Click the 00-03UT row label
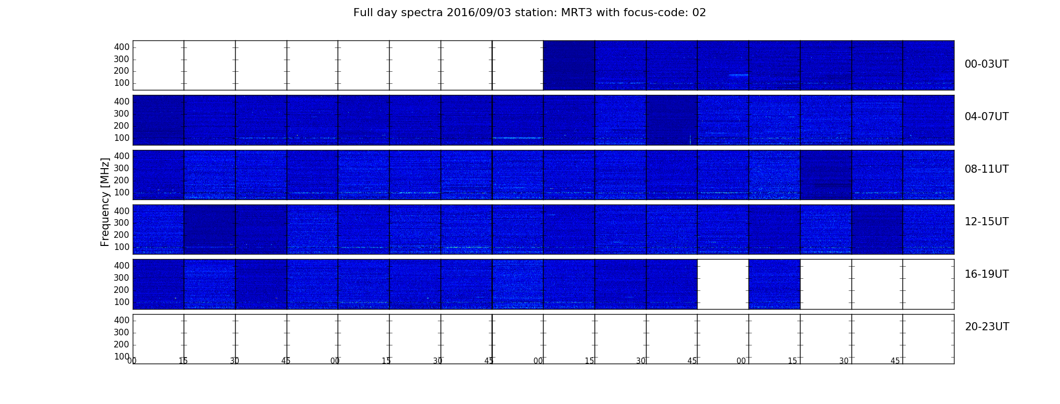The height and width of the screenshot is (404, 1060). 986,64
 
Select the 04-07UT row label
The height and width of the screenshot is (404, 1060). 986,117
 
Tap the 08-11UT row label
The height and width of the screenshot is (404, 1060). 986,169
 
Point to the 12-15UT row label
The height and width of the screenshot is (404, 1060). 986,222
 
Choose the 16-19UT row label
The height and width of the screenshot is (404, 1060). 986,274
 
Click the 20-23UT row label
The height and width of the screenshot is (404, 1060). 987,327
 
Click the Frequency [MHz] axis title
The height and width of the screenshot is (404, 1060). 105,202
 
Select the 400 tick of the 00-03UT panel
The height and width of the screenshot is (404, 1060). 122,47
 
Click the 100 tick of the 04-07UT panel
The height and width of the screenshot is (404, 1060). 122,138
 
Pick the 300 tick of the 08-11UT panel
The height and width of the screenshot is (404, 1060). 122,168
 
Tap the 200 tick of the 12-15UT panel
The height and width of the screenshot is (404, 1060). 122,235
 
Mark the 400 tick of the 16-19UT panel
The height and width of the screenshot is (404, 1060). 122,266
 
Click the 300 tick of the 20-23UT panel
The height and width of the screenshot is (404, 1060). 122,332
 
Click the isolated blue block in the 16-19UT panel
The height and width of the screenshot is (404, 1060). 774,284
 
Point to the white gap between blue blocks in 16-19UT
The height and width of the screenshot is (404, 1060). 723,284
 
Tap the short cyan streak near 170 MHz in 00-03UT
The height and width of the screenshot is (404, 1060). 738,75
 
